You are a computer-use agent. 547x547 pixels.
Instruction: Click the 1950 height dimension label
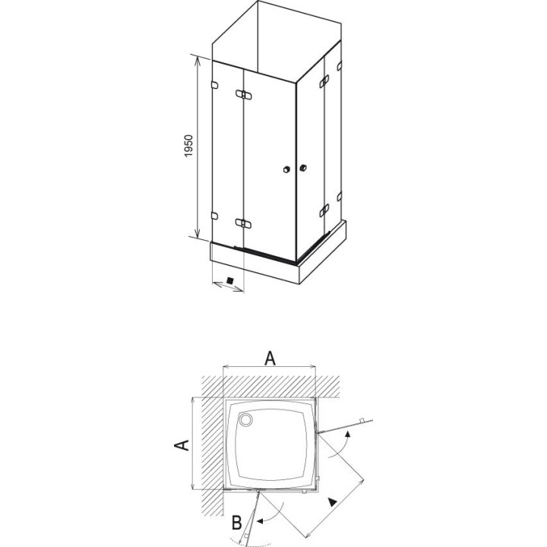coord(188,146)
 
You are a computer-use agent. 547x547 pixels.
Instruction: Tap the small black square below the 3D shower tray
coord(229,280)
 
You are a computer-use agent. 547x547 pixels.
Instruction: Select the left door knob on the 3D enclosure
coord(286,169)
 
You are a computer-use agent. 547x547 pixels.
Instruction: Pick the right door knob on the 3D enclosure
coord(303,168)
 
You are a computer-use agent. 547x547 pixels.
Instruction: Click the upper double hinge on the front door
coord(244,94)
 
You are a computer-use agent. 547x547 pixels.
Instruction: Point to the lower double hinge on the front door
coord(244,223)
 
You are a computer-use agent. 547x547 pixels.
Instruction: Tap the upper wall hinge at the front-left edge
coord(214,85)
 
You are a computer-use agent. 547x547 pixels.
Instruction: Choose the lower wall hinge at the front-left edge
coord(214,216)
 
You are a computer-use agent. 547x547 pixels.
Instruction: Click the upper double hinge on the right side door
coord(324,81)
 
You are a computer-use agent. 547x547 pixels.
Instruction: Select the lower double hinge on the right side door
coord(324,210)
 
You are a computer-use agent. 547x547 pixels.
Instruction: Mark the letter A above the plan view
coord(270,359)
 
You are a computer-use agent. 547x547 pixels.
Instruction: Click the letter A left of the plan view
coord(182,444)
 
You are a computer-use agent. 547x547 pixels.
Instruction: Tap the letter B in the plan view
coord(237,523)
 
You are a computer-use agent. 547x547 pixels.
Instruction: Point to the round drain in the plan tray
coord(245,419)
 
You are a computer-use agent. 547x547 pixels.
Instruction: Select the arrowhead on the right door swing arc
coord(347,434)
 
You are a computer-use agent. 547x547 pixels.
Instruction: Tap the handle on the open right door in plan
coord(362,419)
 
